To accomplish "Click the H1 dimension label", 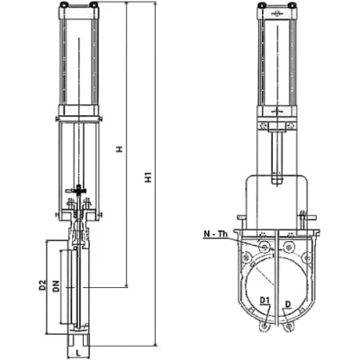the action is point(149,177).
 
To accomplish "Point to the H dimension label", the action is point(120,149).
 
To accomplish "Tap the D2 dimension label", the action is point(43,285).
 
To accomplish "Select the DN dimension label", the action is point(56,285).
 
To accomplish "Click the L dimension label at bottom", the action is point(78,354).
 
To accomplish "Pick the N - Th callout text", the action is point(216,234).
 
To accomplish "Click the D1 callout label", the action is point(265,300).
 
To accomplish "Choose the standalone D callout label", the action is point(288,304).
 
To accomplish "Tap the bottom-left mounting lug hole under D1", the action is point(265,327).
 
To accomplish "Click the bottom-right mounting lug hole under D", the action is point(288,327).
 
